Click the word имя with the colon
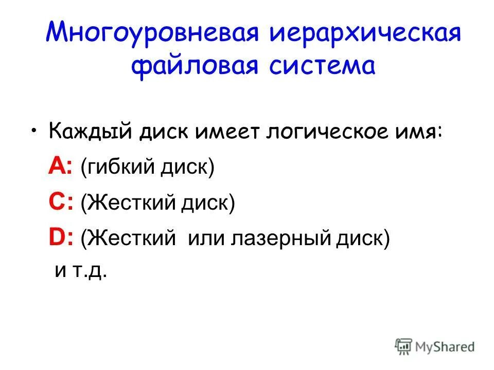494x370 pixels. (421, 133)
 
